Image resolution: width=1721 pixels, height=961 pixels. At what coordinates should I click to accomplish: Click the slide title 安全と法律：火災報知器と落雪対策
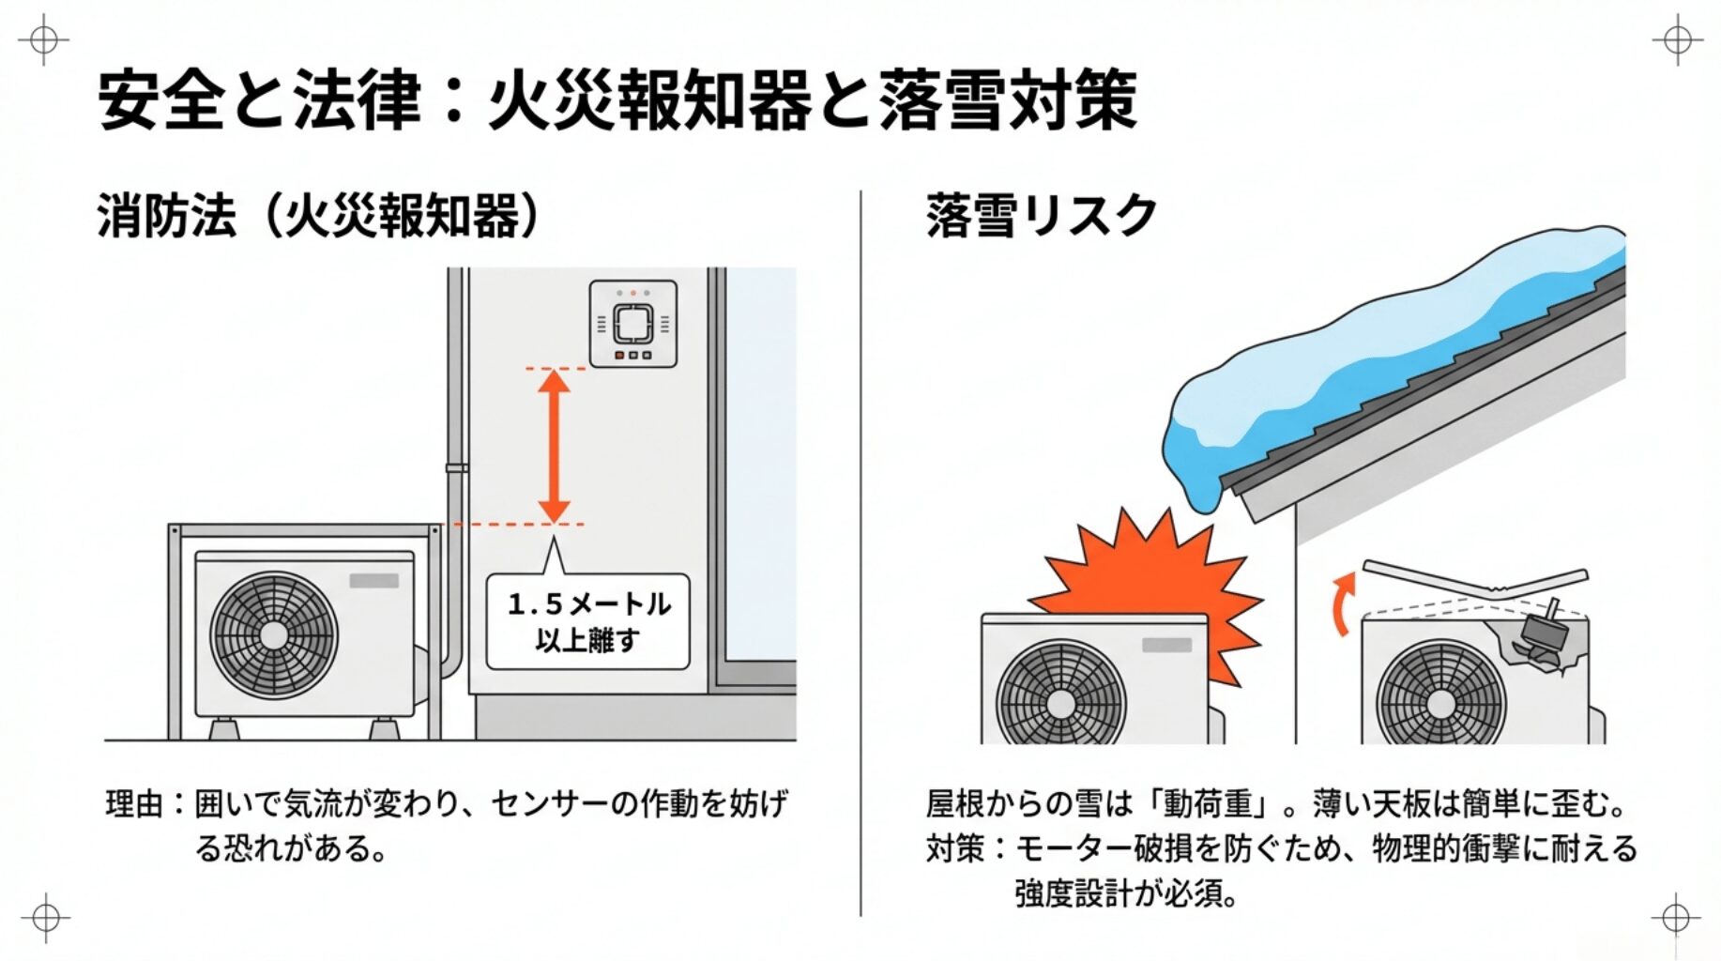pyautogui.click(x=617, y=99)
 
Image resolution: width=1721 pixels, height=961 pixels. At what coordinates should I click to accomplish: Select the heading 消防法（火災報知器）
pyautogui.click(x=319, y=216)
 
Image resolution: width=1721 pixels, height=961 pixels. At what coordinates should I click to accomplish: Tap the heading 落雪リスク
pyautogui.click(x=1041, y=216)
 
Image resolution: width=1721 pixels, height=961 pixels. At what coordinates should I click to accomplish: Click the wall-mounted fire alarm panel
pyautogui.click(x=632, y=324)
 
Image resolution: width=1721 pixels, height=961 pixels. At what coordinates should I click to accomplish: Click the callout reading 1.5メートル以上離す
pyautogui.click(x=588, y=621)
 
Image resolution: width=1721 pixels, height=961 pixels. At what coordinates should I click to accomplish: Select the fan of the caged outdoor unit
pyautogui.click(x=273, y=634)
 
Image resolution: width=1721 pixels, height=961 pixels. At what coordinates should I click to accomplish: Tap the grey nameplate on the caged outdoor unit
pyautogui.click(x=373, y=581)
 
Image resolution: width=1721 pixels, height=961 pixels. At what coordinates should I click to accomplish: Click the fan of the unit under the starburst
pyautogui.click(x=1060, y=699)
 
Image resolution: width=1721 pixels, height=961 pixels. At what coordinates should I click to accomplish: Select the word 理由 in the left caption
pyautogui.click(x=134, y=804)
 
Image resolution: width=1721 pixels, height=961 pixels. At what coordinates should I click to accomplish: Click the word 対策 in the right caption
pyautogui.click(x=954, y=848)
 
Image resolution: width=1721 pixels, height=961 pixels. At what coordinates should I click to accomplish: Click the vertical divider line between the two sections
pyautogui.click(x=860, y=554)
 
